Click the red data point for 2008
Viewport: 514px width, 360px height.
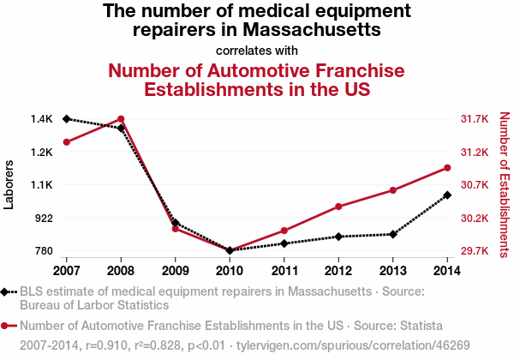(121, 119)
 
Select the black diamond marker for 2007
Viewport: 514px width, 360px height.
(66, 119)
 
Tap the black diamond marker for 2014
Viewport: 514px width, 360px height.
(448, 195)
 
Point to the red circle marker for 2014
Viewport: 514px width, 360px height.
(448, 167)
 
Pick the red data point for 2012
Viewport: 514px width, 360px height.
(339, 207)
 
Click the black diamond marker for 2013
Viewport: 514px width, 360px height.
(393, 234)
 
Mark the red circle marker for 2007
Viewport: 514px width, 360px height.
(66, 141)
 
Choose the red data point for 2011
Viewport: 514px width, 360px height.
(284, 231)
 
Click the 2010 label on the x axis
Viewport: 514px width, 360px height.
(230, 270)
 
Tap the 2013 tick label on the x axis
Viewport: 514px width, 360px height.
(393, 270)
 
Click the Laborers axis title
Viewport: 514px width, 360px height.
(9, 185)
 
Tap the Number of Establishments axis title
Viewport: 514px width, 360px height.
(504, 185)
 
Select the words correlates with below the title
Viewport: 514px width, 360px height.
(256, 50)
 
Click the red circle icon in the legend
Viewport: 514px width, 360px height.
(6, 326)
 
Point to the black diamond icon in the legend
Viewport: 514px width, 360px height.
(6, 291)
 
